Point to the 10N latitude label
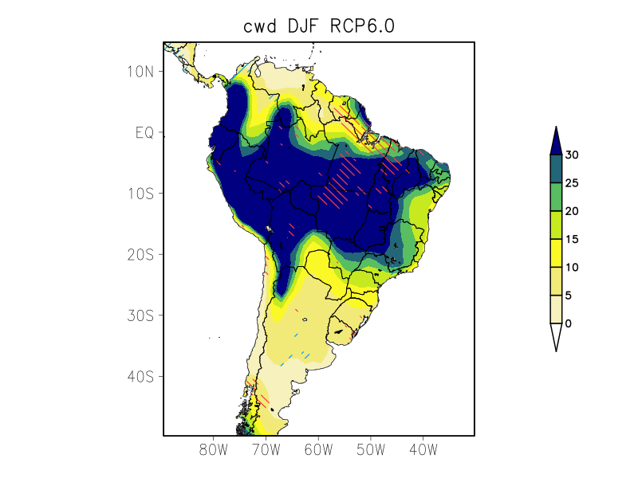pos(140,72)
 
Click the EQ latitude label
pos(144,132)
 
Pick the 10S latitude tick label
pos(140,194)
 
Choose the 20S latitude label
pos(140,254)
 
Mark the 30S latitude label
pos(140,315)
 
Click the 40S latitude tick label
pos(140,376)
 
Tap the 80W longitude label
pos(214,450)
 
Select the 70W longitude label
pos(266,450)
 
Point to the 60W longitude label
pos(318,450)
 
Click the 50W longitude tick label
pos(370,450)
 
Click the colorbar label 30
pos(572,155)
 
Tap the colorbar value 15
pos(572,239)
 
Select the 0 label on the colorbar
pos(568,323)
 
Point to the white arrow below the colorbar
pos(556,336)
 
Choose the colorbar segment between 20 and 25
pos(556,197)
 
